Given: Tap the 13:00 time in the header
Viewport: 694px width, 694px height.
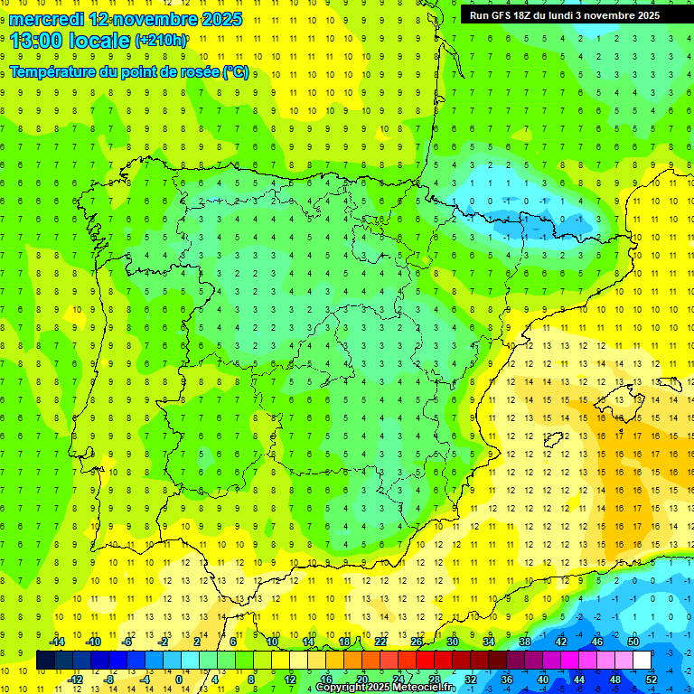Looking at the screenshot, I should (x=36, y=40).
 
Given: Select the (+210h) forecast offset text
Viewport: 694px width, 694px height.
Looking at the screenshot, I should (x=161, y=41).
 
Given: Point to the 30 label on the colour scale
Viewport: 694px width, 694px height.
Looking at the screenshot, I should (x=452, y=642).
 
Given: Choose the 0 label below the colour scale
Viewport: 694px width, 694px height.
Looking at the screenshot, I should (x=179, y=680).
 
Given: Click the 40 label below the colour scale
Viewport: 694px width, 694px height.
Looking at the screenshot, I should (x=542, y=680).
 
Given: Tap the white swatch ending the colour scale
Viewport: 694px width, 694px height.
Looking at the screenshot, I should (x=642, y=661).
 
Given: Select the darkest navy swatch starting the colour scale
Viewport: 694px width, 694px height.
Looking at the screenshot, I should (x=45, y=661).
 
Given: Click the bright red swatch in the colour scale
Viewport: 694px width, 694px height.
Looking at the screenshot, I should (x=425, y=661).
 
